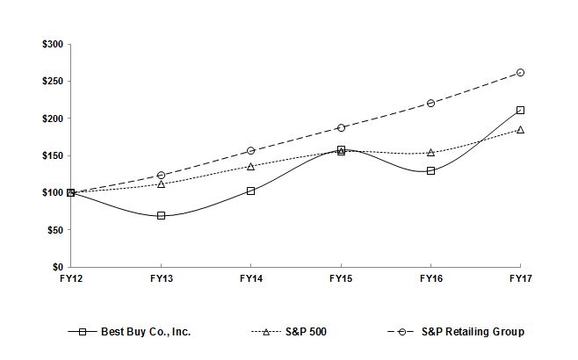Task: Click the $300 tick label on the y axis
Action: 52,44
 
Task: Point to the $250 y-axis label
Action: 52,81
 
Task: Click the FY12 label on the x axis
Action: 70,278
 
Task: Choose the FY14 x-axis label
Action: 250,278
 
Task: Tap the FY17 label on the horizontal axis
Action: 520,278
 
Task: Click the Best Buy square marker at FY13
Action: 161,215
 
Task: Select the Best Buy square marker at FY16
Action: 430,170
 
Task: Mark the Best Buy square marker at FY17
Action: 520,110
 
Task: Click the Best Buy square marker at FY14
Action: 250,191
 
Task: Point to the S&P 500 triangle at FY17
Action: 520,129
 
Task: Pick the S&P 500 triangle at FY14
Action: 250,166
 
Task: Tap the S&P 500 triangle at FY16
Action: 430,152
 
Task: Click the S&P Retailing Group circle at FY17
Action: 520,72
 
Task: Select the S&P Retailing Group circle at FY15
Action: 341,127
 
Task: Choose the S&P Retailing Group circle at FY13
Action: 161,175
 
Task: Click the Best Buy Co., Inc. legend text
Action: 146,332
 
